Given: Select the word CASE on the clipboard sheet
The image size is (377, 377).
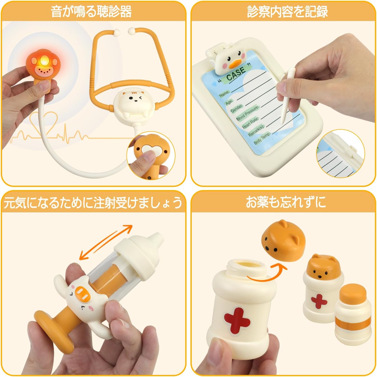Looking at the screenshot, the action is coord(236,74).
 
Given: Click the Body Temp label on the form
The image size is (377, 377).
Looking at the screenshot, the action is coord(262,138).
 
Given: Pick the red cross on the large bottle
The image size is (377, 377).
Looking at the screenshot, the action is coord(237,320).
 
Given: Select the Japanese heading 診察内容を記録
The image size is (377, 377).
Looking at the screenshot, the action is coord(287,11).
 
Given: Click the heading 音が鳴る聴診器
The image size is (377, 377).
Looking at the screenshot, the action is coord(91,11).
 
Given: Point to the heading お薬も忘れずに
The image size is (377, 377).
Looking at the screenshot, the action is coord(286,202).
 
